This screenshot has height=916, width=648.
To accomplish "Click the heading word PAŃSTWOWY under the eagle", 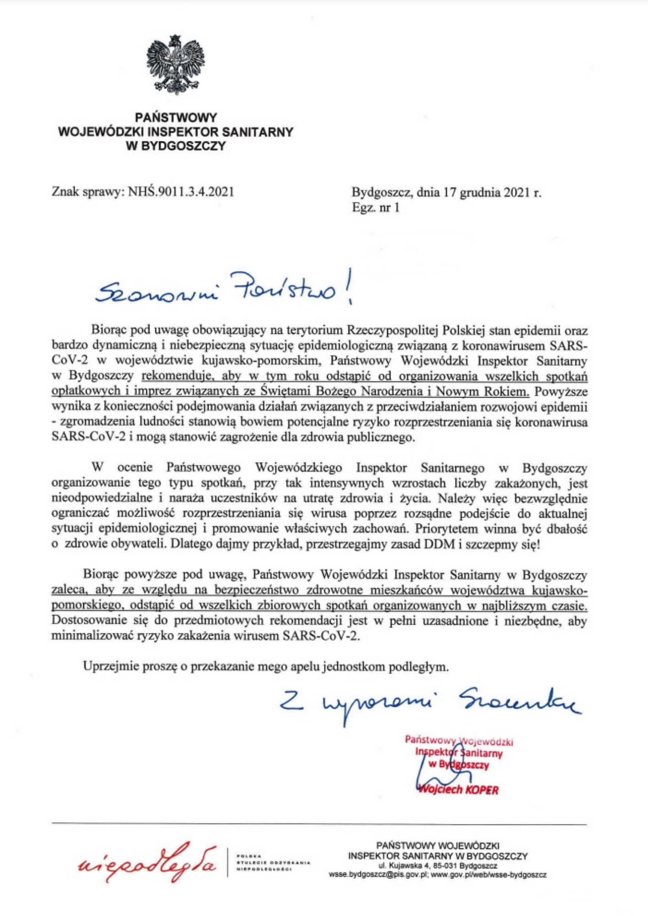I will click(176, 118).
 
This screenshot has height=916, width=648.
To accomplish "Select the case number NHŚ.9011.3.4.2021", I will click(181, 191).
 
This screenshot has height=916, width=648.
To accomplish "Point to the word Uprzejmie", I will click(110, 666).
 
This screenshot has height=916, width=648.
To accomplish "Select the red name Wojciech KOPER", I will click(458, 790).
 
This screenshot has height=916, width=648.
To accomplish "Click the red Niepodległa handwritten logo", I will click(147, 862).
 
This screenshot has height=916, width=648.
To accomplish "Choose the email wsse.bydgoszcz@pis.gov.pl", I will click(378, 875).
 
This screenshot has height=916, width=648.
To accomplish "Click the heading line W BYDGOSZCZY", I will click(176, 147).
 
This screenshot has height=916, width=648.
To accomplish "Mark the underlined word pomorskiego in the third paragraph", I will click(87, 605).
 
